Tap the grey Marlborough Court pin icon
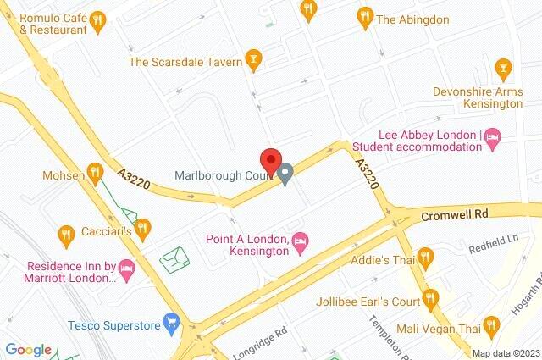(286, 175)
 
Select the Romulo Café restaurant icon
(97, 19)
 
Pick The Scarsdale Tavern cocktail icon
(252, 59)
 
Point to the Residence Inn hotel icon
(127, 269)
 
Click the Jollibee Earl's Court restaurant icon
(430, 297)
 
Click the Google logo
(28, 350)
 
